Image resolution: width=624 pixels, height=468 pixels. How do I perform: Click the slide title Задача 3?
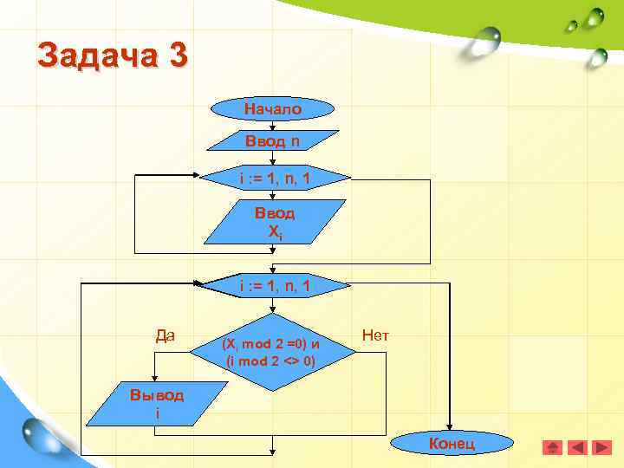click(111, 57)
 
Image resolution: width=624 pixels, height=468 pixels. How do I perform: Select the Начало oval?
click(273, 109)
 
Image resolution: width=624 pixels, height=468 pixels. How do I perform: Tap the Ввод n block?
click(273, 140)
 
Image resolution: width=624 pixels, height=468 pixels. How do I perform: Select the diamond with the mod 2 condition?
click(272, 352)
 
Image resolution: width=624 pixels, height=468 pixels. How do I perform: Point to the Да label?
click(165, 334)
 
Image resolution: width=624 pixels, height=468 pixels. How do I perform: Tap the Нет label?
click(375, 334)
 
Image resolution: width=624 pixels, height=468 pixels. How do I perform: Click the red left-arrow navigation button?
click(575, 448)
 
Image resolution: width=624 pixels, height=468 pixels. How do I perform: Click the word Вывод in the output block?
click(157, 395)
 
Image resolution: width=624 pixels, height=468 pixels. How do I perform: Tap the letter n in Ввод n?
click(296, 140)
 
